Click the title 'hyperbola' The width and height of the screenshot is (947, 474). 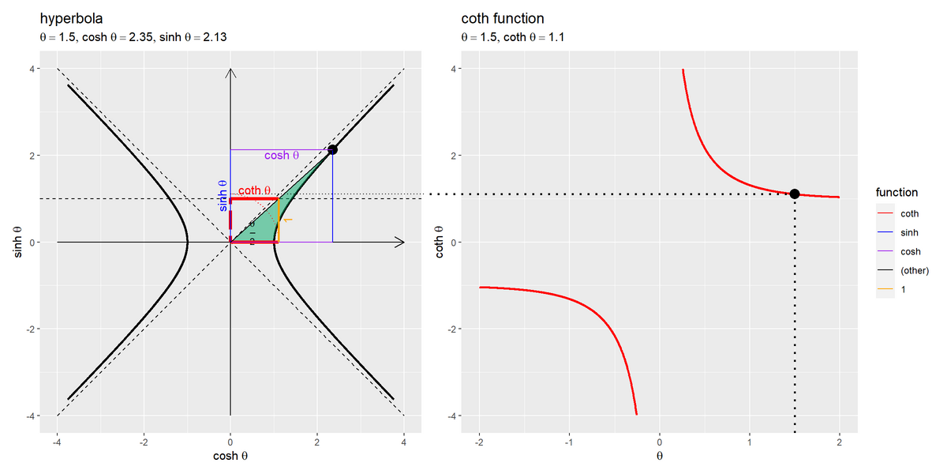click(72, 18)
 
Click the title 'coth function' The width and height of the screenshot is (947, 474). click(502, 18)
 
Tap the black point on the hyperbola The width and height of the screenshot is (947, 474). click(332, 149)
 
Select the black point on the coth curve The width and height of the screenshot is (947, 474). click(795, 194)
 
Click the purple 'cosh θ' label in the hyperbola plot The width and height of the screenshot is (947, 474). click(282, 156)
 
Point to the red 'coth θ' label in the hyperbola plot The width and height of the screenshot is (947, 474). click(255, 190)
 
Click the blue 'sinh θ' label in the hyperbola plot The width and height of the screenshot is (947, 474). click(223, 195)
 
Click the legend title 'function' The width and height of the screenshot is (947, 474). click(896, 193)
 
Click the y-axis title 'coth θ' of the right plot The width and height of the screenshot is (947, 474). click(439, 242)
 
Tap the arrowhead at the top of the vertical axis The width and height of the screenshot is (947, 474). click(230, 73)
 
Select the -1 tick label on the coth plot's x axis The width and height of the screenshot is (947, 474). click(568, 440)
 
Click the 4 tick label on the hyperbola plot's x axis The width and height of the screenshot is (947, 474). click(404, 440)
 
